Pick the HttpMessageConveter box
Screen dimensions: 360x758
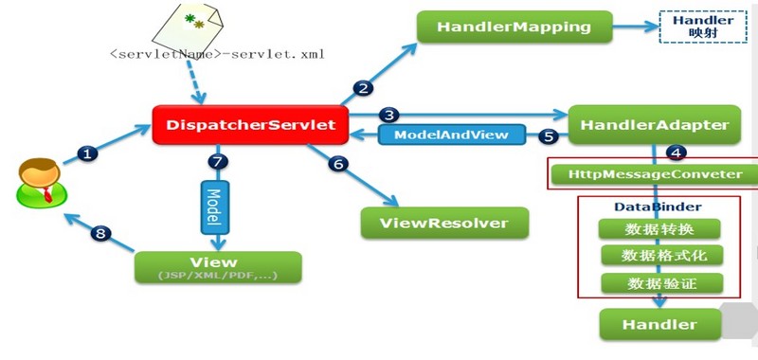click(656, 175)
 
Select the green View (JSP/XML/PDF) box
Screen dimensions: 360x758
click(218, 268)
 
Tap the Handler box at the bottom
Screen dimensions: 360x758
click(659, 325)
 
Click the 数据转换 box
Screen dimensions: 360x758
click(660, 229)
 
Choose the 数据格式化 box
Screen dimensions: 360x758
click(660, 256)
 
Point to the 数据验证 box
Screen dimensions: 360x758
click(660, 283)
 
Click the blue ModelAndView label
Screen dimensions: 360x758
click(453, 135)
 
